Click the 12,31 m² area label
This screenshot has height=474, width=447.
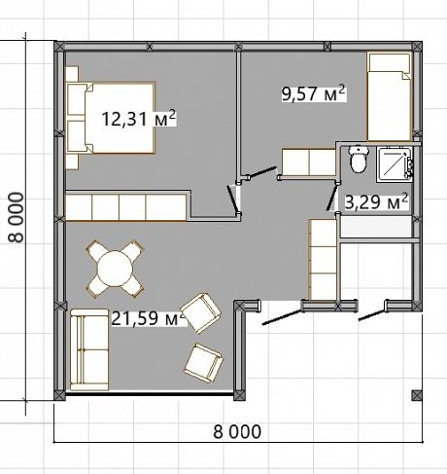pos(139,119)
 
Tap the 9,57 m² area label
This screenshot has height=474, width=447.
pos(314,93)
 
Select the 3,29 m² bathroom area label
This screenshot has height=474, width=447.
pos(376,201)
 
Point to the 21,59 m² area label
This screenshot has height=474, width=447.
pos(149,318)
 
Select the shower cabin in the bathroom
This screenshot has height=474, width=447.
pos(395,164)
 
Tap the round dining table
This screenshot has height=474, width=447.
pos(116,269)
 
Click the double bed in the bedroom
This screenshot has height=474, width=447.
pos(110,118)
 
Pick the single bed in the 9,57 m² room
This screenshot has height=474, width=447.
pos(390,96)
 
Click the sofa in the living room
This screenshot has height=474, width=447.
pos(89,349)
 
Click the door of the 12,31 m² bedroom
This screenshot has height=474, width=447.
pos(233,199)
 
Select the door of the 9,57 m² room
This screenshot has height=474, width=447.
pos(263,172)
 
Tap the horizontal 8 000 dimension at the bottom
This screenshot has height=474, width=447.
pos(237,431)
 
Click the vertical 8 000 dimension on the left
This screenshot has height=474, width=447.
pos(16,217)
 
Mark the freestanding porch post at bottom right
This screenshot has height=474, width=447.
pos(417,395)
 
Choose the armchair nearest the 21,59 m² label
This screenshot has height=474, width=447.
pos(201,313)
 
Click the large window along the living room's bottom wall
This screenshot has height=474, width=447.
pos(150,394)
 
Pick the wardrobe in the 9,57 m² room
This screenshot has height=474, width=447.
pos(308,162)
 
